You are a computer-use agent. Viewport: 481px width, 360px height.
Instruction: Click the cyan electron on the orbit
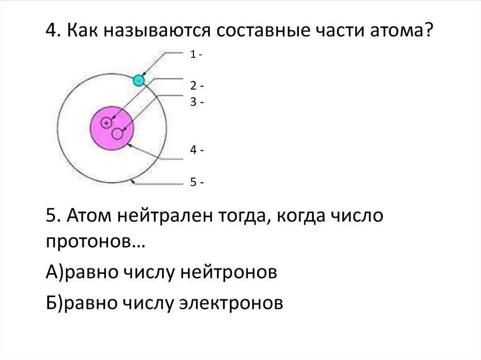[139, 80]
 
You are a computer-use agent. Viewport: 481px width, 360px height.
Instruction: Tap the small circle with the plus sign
[107, 123]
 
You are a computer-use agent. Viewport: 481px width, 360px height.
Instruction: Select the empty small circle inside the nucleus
[117, 134]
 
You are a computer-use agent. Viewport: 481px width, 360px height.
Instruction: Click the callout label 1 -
[196, 54]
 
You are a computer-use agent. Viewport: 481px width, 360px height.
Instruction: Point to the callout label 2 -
[196, 86]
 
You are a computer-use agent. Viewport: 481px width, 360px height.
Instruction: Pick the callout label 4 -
[196, 151]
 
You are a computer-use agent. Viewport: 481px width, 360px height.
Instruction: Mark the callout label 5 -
[196, 182]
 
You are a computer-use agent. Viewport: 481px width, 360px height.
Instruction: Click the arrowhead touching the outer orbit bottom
[134, 184]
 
